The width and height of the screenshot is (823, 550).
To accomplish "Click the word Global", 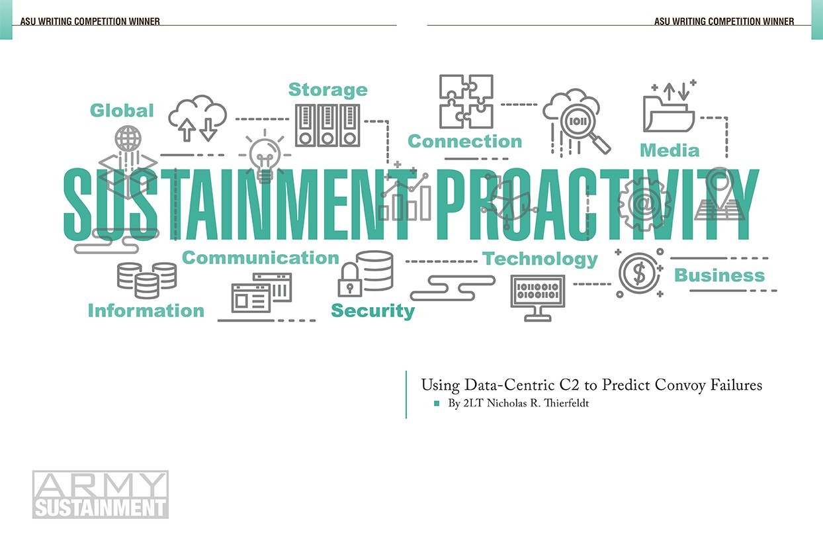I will (x=122, y=110).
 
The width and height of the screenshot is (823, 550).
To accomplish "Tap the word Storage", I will (x=327, y=89).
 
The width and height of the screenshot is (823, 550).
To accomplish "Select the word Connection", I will (x=464, y=141).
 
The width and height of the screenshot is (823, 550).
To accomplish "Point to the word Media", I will (x=669, y=150).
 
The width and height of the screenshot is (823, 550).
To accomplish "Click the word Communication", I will (x=260, y=257).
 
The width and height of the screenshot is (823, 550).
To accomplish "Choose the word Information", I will (x=146, y=310).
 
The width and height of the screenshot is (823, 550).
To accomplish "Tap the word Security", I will (x=372, y=310).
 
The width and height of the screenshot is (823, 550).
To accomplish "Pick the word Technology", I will (x=540, y=259).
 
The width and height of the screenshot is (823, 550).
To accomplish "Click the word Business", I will (x=719, y=275).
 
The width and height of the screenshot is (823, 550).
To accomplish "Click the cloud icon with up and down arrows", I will (x=197, y=118).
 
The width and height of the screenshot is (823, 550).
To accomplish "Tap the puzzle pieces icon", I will (x=466, y=101).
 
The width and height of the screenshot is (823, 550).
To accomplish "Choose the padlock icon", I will (x=350, y=279).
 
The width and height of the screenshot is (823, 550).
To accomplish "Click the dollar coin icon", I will (x=640, y=273).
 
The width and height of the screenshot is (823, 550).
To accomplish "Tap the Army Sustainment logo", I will (x=101, y=494).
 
